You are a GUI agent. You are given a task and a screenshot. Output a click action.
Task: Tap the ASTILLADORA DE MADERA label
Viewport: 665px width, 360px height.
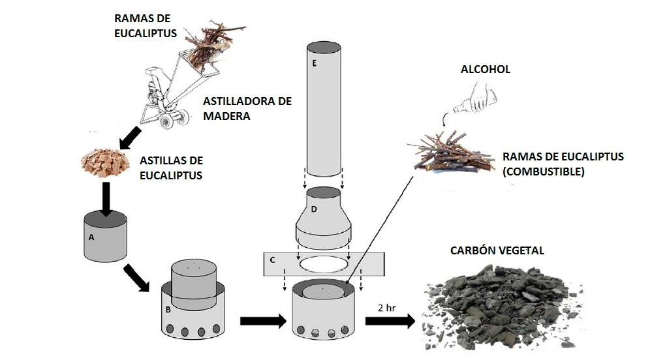click(x=247, y=108)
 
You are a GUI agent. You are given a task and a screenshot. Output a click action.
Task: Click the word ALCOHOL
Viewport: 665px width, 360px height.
click(x=485, y=69)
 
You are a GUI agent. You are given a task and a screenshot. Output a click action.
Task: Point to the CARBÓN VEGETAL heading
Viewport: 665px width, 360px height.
click(x=497, y=250)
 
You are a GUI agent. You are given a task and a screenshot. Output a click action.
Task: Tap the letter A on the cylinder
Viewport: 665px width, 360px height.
click(x=91, y=238)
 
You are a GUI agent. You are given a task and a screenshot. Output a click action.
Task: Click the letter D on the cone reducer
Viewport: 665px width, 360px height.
click(x=314, y=209)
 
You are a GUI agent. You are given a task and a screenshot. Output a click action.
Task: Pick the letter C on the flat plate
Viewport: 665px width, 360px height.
click(x=273, y=260)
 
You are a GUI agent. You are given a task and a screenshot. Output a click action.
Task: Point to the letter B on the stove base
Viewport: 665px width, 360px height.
click(x=168, y=309)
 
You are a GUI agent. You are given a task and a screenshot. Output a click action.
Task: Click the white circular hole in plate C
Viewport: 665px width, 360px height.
click(x=324, y=264)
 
